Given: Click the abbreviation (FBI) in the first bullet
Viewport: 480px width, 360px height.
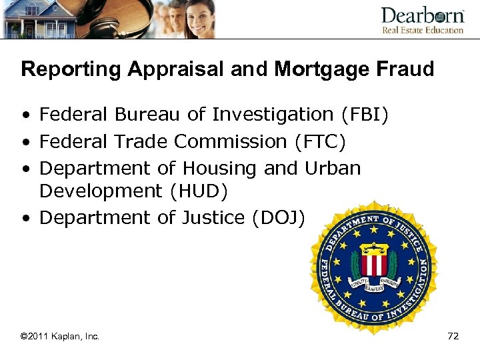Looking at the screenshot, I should tap(365, 115).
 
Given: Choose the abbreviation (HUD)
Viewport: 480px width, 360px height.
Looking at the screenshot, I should tap(199, 191).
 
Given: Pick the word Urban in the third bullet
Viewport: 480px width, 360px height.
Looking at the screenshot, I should tap(333, 168).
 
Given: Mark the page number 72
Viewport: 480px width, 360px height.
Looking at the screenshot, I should tap(453, 336).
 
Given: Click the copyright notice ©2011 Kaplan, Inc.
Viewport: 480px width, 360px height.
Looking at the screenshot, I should tap(60, 336).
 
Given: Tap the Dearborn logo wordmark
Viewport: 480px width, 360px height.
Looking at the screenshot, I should tap(422, 15).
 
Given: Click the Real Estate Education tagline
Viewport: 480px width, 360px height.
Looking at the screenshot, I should tap(423, 30).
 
